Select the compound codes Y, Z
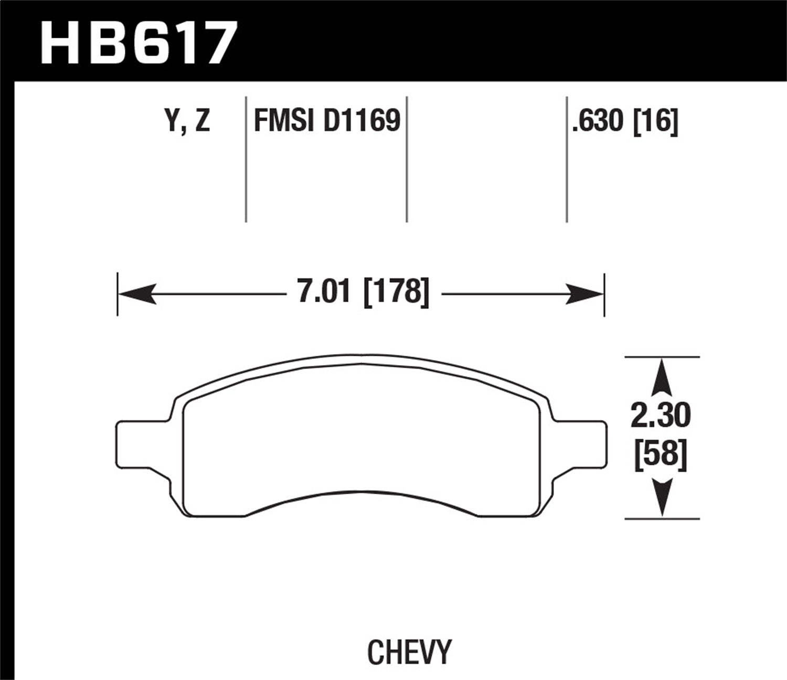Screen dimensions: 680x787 pyautogui.click(x=188, y=121)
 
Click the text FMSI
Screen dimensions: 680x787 pyautogui.click(x=284, y=121)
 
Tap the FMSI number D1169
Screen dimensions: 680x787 pyautogui.click(x=361, y=121)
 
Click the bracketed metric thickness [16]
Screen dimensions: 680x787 pyautogui.click(x=656, y=121)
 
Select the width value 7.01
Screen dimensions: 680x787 pyautogui.click(x=324, y=291)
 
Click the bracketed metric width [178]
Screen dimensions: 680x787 pyautogui.click(x=396, y=291)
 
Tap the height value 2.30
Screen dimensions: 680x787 pyautogui.click(x=661, y=417)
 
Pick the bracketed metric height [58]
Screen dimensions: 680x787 pyautogui.click(x=661, y=454)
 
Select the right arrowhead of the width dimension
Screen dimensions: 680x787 pyautogui.click(x=585, y=294)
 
